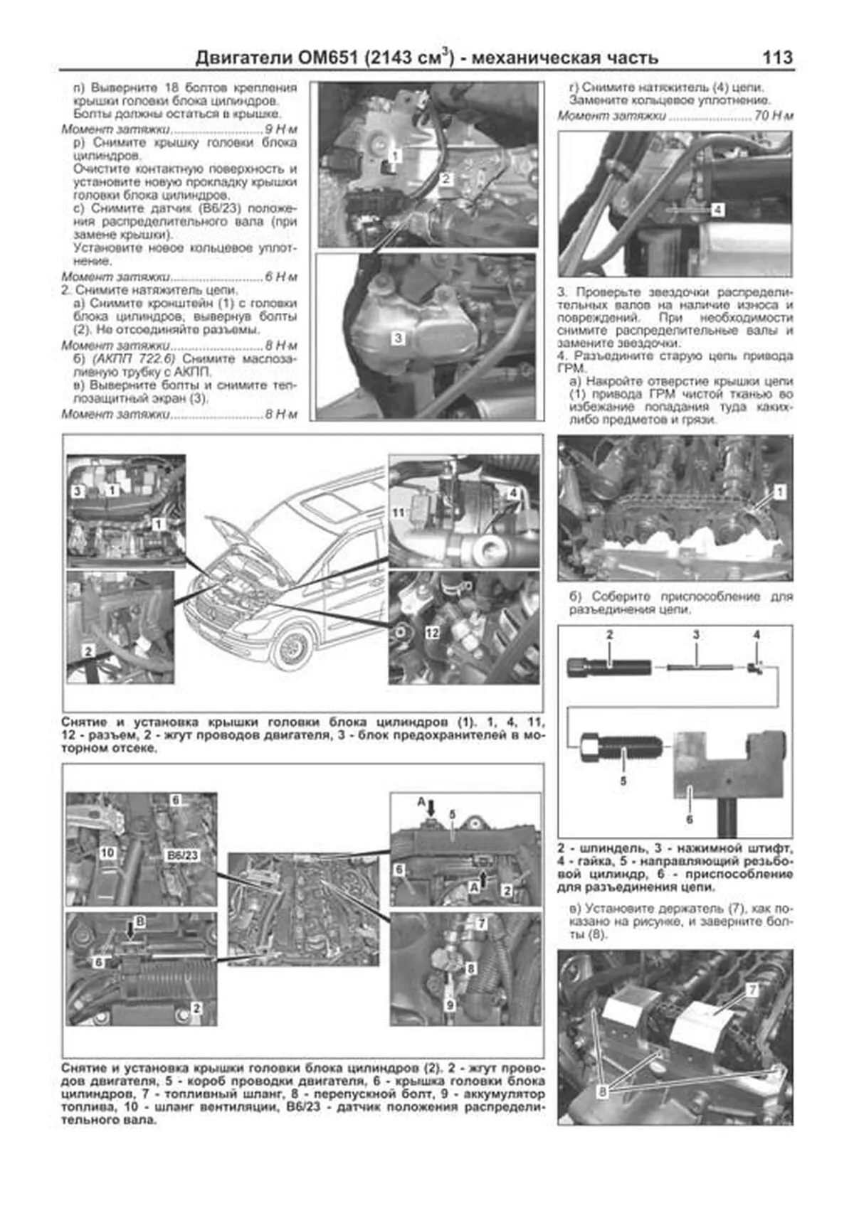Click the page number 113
(777, 58)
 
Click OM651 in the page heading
(329, 58)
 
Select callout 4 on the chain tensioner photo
(717, 210)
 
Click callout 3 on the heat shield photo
(398, 338)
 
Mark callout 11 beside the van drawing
(399, 512)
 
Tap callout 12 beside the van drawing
(432, 632)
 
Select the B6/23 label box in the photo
(182, 855)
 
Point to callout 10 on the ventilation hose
(107, 852)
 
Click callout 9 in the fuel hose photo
(450, 1005)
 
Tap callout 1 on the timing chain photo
(780, 492)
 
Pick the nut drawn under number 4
(755, 667)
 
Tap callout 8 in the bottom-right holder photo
(603, 1091)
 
